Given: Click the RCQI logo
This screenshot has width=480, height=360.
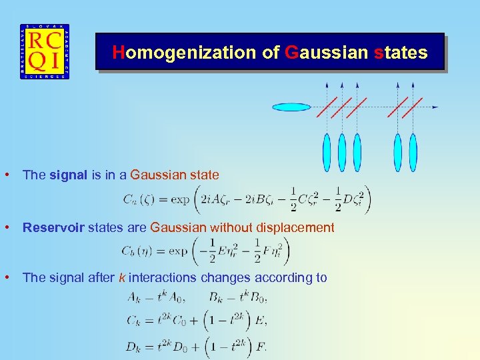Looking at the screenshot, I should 44,52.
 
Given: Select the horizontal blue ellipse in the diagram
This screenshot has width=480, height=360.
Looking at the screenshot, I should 291,107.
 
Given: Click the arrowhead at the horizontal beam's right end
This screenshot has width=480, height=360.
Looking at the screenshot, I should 435,107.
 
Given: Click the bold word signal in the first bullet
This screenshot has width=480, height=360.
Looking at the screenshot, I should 68,175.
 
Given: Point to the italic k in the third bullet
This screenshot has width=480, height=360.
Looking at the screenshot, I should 122,277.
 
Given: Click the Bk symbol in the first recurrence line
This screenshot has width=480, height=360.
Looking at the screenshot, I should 217,297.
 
